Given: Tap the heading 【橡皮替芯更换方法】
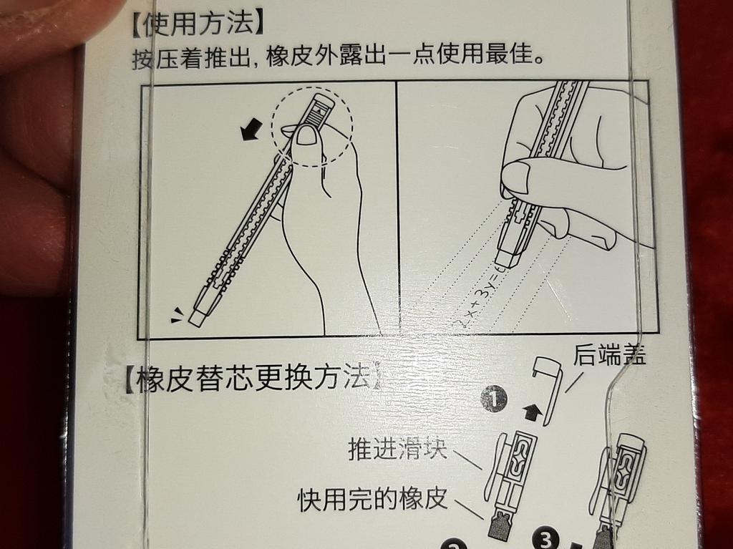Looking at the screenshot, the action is (252, 379).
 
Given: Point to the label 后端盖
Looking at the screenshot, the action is (610, 356).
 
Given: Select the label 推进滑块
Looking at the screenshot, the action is (398, 450).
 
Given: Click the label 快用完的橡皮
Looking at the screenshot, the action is (373, 499).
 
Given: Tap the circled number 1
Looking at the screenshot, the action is (494, 399).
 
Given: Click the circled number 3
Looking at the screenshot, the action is (545, 539).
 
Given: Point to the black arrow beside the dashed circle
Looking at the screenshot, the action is (251, 129).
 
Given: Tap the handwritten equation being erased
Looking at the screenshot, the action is (479, 297).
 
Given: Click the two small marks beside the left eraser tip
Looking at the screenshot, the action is (177, 315).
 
